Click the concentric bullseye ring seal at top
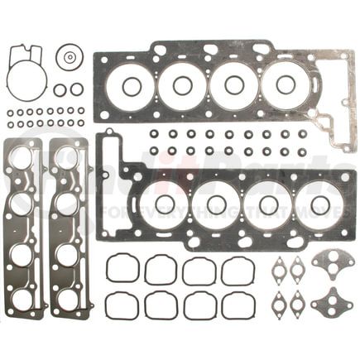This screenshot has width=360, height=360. [70, 57]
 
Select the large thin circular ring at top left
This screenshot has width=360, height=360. [26, 81]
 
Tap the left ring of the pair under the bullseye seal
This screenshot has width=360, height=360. [60, 89]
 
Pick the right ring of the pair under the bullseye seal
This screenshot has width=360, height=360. [77, 89]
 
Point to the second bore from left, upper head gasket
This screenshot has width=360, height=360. [182, 86]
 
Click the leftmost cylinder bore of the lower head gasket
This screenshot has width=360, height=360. [163, 203]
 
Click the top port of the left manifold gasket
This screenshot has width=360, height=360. [22, 156]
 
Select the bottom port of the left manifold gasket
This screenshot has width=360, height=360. [22, 298]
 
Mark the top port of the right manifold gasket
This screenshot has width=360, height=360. [68, 156]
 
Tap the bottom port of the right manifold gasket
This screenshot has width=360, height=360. [68, 298]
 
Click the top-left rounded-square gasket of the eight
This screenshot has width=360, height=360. [122, 267]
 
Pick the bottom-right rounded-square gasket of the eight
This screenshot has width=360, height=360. [238, 305]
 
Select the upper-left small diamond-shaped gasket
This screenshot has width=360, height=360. [279, 268]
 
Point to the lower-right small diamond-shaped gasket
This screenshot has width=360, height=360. [297, 304]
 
